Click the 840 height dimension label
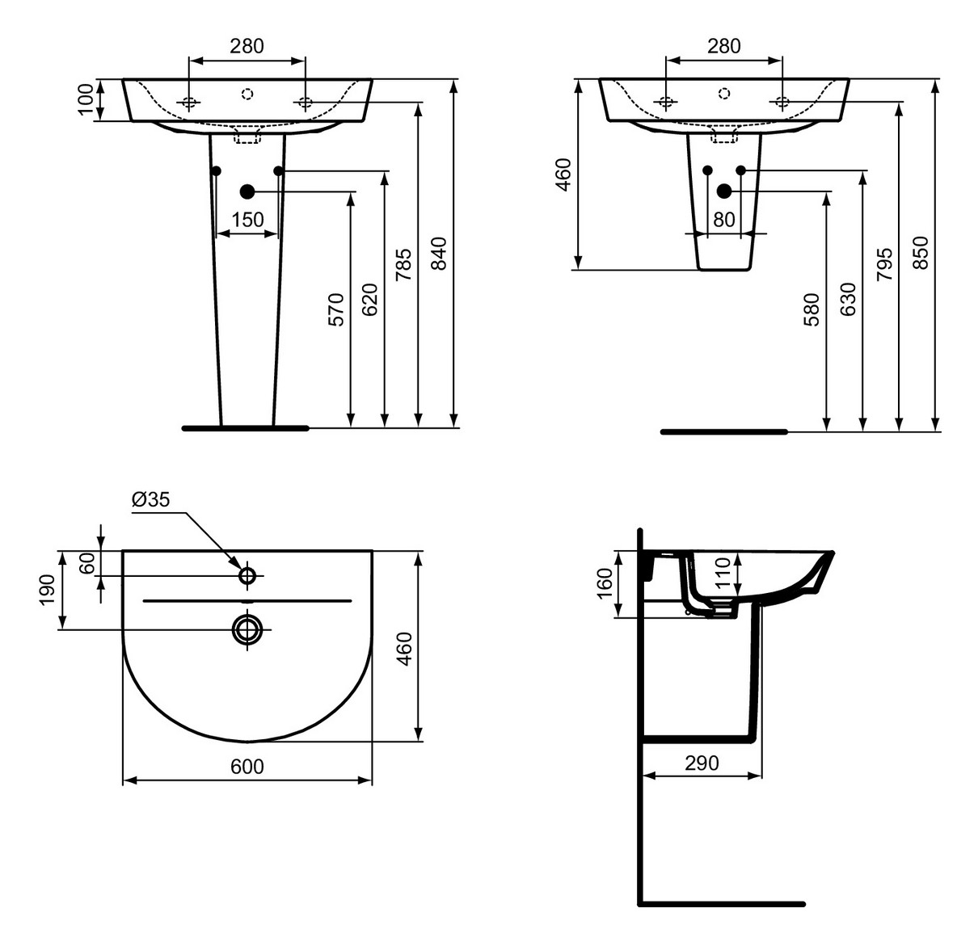pyautogui.click(x=438, y=253)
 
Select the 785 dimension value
pyautogui.click(x=403, y=264)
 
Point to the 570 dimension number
pyautogui.click(x=336, y=309)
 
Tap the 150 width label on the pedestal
pyautogui.click(x=247, y=220)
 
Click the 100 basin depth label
pyautogui.click(x=86, y=99)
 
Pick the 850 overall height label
pyautogui.click(x=921, y=253)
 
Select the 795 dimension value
pyautogui.click(x=885, y=264)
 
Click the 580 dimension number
pyautogui.click(x=811, y=309)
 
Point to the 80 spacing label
pyautogui.click(x=724, y=220)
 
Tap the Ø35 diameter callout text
pyautogui.click(x=150, y=500)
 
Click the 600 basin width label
pyautogui.click(x=247, y=766)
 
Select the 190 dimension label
pyautogui.click(x=47, y=590)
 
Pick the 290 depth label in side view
pyautogui.click(x=701, y=763)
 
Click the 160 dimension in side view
pyautogui.click(x=604, y=584)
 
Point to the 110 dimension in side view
pyautogui.click(x=722, y=573)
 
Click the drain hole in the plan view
pyautogui.click(x=247, y=629)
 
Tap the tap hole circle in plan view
pyautogui.click(x=247, y=575)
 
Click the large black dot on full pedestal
pyautogui.click(x=247, y=191)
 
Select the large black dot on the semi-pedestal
pyautogui.click(x=724, y=191)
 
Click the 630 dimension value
pyautogui.click(x=848, y=299)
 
